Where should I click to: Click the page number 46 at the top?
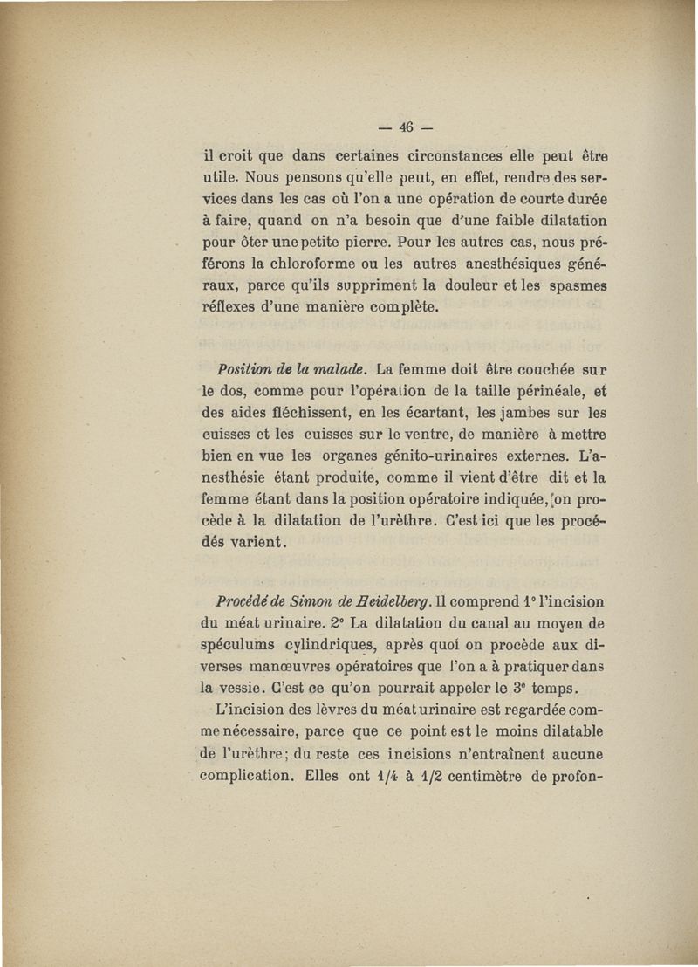405,126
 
